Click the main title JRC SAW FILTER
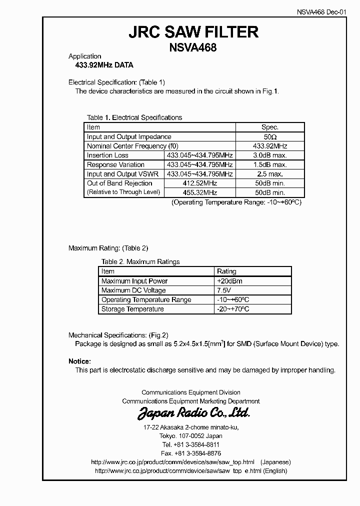[193, 32]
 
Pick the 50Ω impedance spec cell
[270, 136]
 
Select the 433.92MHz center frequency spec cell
[270, 146]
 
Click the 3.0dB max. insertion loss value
[270, 155]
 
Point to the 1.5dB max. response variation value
[270, 164]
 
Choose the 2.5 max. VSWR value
[270, 174]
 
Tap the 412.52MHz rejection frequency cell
[200, 183]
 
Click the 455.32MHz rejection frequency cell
[200, 192]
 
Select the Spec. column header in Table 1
[270, 127]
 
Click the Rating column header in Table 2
[227, 271]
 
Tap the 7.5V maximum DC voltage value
[224, 290]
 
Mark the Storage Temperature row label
[132, 309]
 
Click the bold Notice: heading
[79, 361]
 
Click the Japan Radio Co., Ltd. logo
[193, 413]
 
